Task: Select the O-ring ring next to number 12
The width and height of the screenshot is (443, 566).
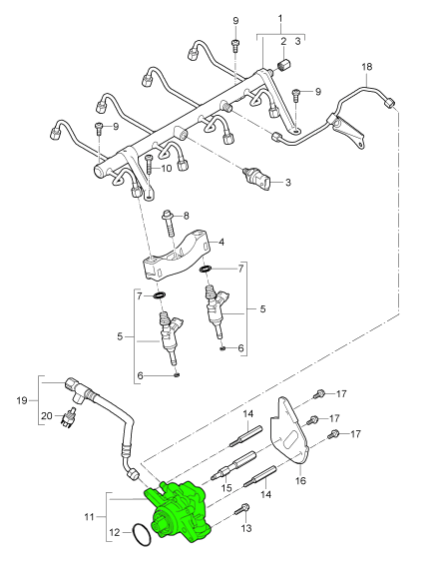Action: click(142, 538)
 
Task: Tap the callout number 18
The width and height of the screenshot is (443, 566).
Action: click(366, 67)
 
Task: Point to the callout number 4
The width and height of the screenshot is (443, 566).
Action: click(221, 242)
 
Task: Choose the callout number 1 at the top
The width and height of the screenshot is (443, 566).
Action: click(279, 19)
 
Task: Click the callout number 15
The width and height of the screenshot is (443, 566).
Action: click(225, 487)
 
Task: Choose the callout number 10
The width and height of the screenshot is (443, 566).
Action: click(166, 168)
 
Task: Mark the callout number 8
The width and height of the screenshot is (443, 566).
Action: click(185, 216)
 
